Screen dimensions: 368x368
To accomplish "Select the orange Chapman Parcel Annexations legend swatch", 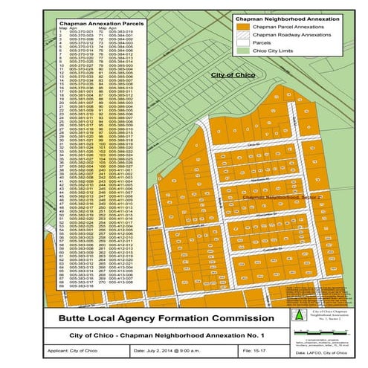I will (x=242, y=26).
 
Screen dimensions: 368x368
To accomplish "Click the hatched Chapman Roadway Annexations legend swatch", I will (x=242, y=35).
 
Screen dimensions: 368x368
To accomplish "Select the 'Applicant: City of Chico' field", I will (x=85, y=349).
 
